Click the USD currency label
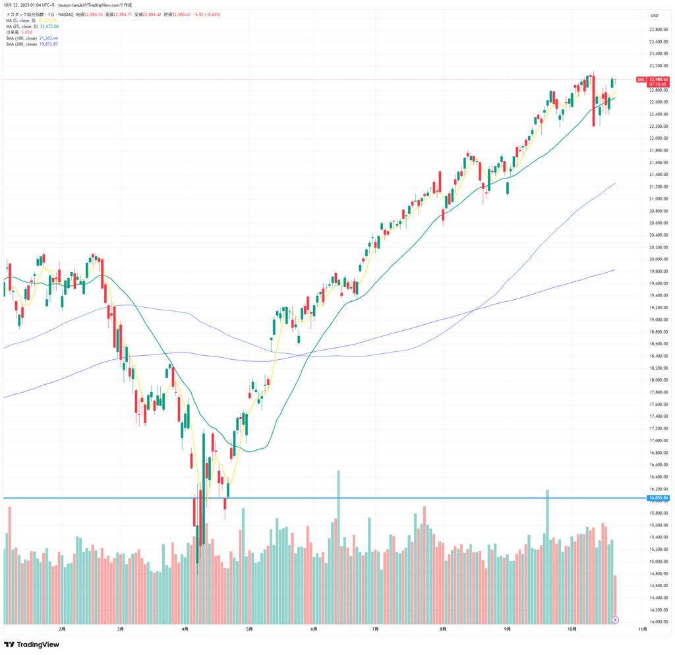tap(655, 15)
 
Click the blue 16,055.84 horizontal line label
tap(659, 498)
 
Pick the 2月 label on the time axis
tap(62, 629)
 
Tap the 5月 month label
tap(249, 629)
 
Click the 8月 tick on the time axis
tap(444, 629)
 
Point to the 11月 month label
tap(643, 629)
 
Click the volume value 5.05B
tap(26, 32)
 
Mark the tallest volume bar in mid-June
tap(338, 547)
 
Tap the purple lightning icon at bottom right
tap(616, 620)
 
